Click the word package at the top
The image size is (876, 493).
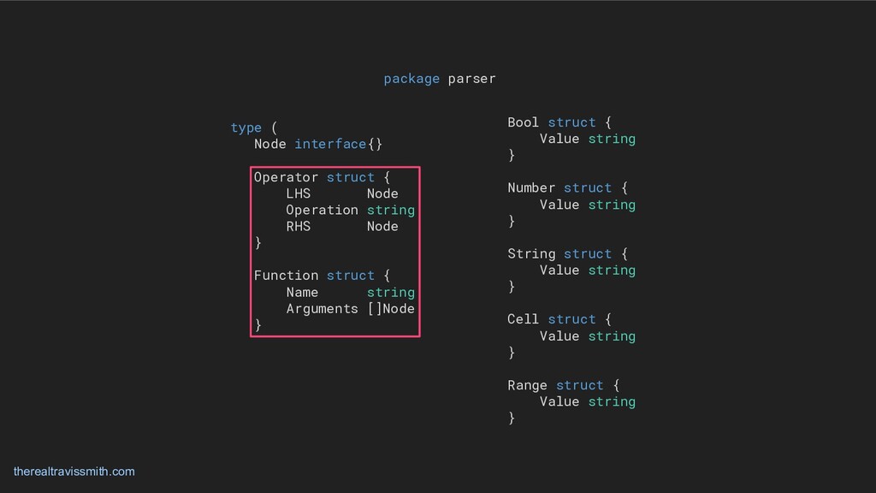pyautogui.click(x=411, y=79)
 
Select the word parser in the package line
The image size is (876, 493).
pyautogui.click(x=471, y=79)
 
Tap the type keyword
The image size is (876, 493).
pyautogui.click(x=246, y=128)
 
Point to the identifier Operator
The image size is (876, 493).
pyautogui.click(x=286, y=177)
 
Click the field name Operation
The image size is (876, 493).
pyautogui.click(x=322, y=210)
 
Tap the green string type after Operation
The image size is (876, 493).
pyautogui.click(x=390, y=210)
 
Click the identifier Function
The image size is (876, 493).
pyautogui.click(x=286, y=276)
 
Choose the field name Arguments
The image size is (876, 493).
pyautogui.click(x=322, y=308)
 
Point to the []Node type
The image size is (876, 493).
pyautogui.click(x=390, y=308)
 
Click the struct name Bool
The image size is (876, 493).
pyautogui.click(x=523, y=122)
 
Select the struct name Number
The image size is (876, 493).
pyautogui.click(x=531, y=187)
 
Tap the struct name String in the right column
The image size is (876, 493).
pyautogui.click(x=531, y=253)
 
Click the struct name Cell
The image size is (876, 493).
pyautogui.click(x=523, y=319)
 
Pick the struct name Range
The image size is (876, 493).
pyautogui.click(x=527, y=385)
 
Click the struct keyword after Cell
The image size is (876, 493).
pyautogui.click(x=571, y=319)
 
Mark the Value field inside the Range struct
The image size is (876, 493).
pyautogui.click(x=559, y=401)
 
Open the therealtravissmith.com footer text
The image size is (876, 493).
pyautogui.click(x=74, y=472)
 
